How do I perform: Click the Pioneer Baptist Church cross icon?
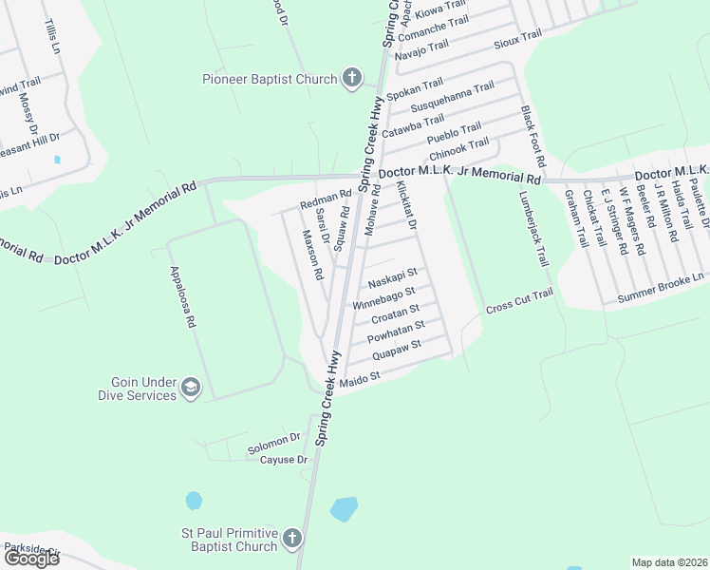352,78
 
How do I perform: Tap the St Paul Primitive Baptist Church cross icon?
291,539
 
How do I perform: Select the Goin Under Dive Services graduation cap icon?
191,388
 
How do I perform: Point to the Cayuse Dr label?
284,460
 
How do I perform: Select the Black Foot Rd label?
528,139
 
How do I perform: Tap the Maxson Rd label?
314,254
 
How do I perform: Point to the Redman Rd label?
326,201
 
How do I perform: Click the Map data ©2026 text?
670,562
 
